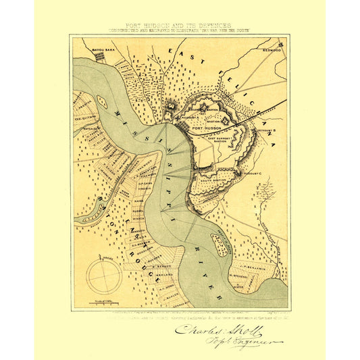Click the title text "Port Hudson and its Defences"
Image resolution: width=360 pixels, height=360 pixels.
pyautogui.click(x=179, y=24)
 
